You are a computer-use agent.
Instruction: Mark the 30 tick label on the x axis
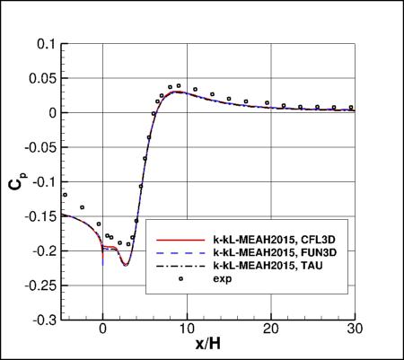tap(353, 329)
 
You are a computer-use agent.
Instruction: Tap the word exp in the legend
tap(222, 279)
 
